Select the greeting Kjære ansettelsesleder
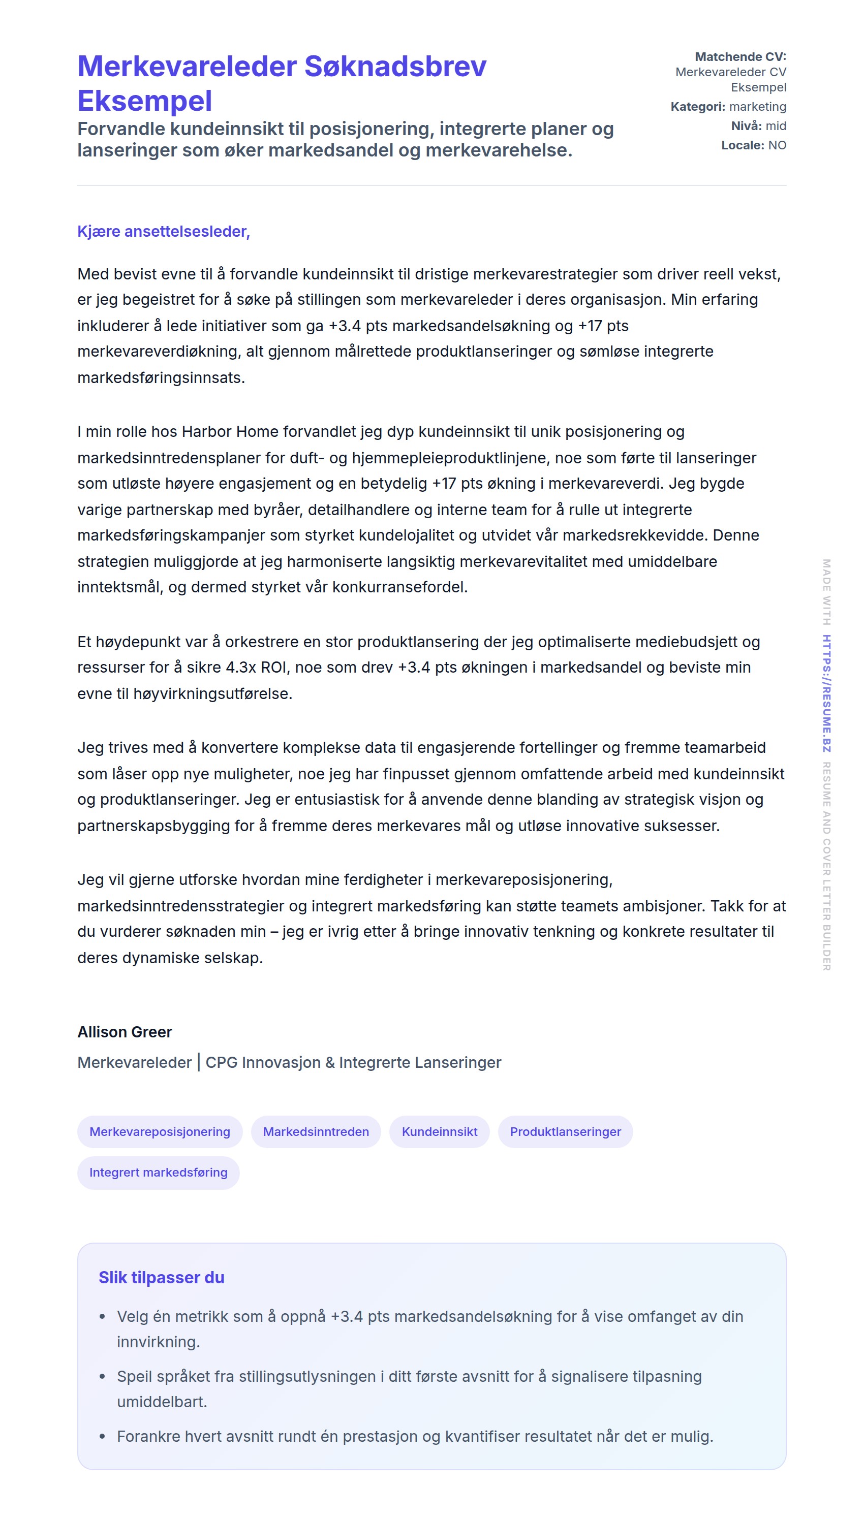163,231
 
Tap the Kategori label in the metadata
697,107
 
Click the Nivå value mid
776,126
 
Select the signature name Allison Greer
125,1032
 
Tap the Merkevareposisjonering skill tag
160,1132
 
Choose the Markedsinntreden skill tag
316,1132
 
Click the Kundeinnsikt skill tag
439,1132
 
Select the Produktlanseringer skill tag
565,1132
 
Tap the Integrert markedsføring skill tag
159,1172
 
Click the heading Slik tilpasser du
162,1278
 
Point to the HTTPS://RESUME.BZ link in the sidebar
826,693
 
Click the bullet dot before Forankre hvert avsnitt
103,1437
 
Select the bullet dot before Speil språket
103,1376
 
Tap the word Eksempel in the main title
145,101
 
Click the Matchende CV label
740,57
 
